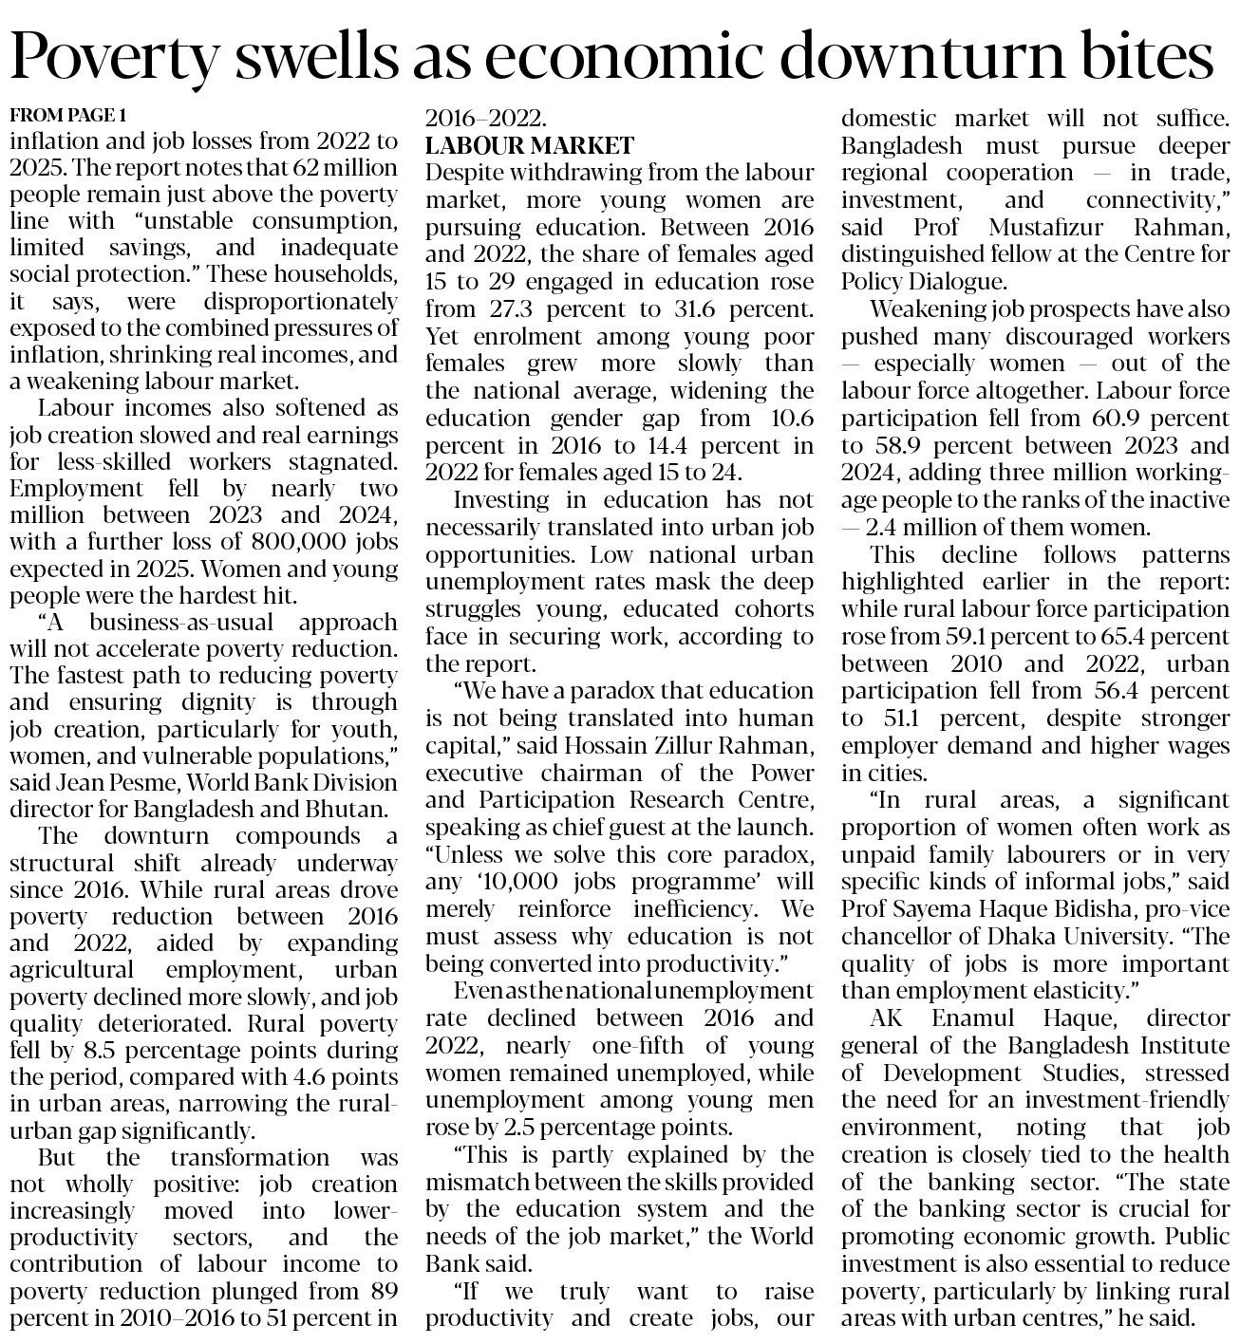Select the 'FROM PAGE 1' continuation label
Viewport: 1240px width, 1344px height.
tap(67, 116)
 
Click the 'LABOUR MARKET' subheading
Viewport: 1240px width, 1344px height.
tap(529, 146)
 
